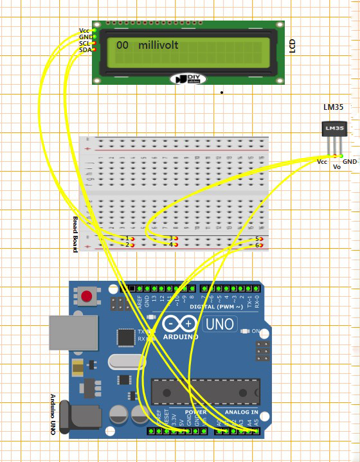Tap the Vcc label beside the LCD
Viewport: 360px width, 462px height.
[84, 30]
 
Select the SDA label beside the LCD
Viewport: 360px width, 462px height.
[85, 49]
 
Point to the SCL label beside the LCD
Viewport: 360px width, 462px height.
[85, 43]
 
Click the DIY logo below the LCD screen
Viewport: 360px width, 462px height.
[189, 78]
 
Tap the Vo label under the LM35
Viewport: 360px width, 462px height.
[336, 166]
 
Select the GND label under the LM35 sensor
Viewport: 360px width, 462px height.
[349, 162]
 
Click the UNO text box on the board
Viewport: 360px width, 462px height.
[219, 324]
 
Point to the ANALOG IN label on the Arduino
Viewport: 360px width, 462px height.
[241, 412]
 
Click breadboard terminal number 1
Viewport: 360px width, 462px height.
[127, 238]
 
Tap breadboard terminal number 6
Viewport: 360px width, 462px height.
[257, 245]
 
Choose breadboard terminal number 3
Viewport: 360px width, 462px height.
[171, 238]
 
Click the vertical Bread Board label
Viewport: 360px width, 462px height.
[75, 234]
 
